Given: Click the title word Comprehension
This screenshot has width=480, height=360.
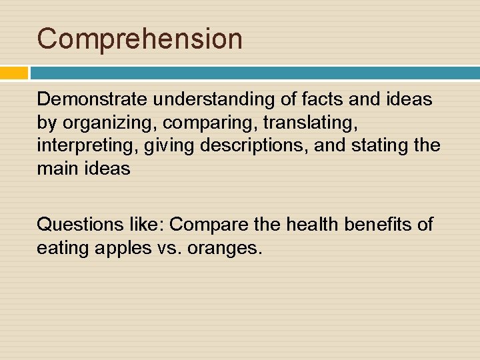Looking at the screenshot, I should click(x=139, y=39).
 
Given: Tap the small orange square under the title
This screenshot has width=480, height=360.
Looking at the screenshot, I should click(x=14, y=73).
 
